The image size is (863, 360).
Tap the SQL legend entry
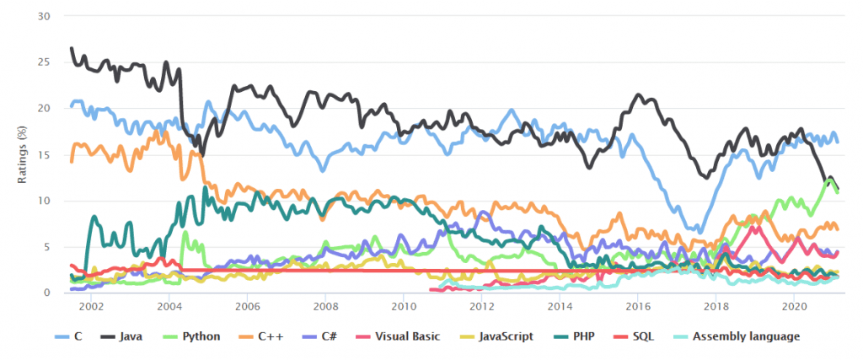pyautogui.click(x=642, y=336)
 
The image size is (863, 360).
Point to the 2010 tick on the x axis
pyautogui.click(x=403, y=305)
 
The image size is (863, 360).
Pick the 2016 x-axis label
pyautogui.click(x=638, y=305)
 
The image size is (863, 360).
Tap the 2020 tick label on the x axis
pyautogui.click(x=794, y=305)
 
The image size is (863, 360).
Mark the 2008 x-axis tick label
pyautogui.click(x=325, y=305)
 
